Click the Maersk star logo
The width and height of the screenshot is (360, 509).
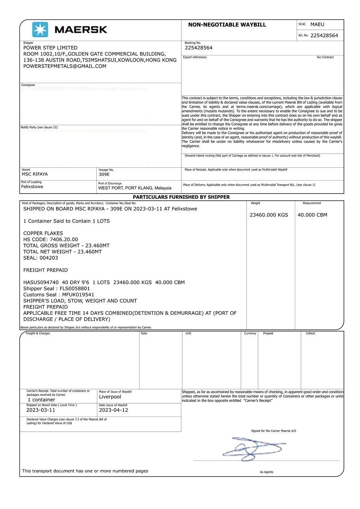click(40, 29)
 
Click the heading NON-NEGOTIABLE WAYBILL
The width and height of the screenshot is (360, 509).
click(227, 25)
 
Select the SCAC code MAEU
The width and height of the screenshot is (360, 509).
click(317, 24)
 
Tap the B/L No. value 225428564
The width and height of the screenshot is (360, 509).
click(324, 35)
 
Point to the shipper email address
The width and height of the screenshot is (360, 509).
click(65, 66)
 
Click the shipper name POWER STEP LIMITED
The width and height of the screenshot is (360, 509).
click(50, 48)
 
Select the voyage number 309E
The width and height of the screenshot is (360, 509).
click(104, 174)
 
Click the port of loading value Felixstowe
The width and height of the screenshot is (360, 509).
click(32, 187)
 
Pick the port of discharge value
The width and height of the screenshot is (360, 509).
click(135, 188)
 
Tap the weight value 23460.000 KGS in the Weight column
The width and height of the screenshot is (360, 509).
click(269, 215)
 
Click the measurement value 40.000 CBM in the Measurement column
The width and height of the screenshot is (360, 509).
click(312, 215)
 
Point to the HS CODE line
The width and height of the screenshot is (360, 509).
click(50, 239)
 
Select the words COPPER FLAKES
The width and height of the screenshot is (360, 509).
click(43, 233)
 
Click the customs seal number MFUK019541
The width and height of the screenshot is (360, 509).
click(78, 295)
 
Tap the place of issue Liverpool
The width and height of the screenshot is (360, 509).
click(110, 397)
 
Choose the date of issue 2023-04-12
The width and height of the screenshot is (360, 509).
click(113, 410)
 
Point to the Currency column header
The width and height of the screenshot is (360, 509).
click(250, 333)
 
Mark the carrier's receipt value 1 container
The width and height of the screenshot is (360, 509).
click(41, 400)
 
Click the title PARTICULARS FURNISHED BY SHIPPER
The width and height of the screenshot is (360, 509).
click(181, 197)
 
